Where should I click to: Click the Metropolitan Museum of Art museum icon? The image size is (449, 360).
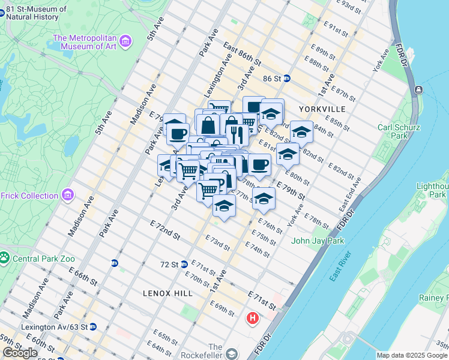[125, 41]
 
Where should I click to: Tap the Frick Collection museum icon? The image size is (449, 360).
[68, 195]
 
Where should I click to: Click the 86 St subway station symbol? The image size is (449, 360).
[287, 78]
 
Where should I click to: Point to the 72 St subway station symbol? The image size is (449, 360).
[185, 264]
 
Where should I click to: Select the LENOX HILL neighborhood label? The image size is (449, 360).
[168, 293]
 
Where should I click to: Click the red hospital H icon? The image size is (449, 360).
[253, 317]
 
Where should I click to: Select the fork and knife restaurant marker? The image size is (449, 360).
[235, 134]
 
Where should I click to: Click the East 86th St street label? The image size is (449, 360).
[242, 54]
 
